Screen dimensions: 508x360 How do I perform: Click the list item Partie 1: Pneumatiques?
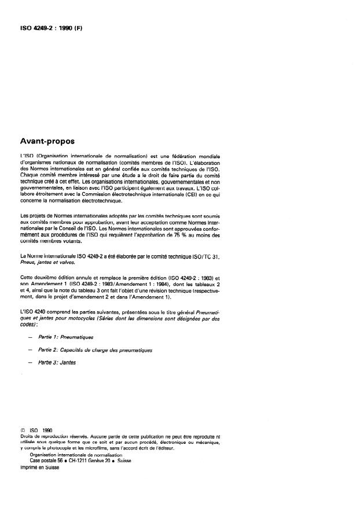(69, 336)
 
